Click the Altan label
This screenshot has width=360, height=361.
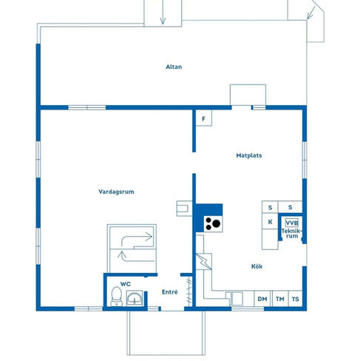coord(174,67)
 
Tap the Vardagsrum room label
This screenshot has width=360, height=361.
coord(116,192)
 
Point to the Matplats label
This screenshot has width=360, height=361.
coord(249,155)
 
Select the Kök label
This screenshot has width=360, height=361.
coord(257,266)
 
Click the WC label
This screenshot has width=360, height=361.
coord(126,284)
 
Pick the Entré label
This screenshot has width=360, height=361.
coord(170,292)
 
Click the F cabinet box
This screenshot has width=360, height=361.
coord(204,118)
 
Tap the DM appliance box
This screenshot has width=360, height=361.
coord(262,299)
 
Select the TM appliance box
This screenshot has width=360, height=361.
coord(280,299)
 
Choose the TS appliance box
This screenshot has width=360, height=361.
coord(295,299)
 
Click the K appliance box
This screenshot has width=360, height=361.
coord(270,221)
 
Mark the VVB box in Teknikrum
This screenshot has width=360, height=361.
coord(292,223)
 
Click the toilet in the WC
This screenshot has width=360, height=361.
coord(116,296)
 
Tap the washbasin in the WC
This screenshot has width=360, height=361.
coord(135,298)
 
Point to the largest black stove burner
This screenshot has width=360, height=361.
coord(217,223)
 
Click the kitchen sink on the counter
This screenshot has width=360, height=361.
coord(234,298)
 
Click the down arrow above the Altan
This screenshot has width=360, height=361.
coord(163,13)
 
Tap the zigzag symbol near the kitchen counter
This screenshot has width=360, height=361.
coord(204,261)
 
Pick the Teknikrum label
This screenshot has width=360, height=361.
coord(291,233)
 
